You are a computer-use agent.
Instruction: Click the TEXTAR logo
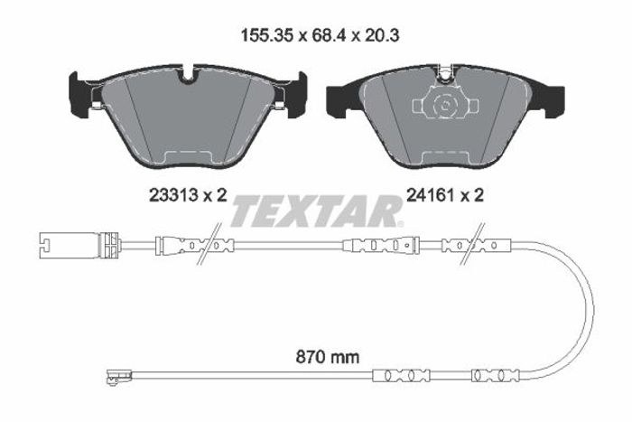tap(317, 211)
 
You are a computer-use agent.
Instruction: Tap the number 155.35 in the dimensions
tap(267, 35)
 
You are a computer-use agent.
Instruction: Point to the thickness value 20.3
tap(381, 35)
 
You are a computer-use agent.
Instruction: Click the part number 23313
tap(173, 196)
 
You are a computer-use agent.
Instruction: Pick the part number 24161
tap(432, 196)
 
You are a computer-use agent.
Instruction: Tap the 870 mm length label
tap(327, 357)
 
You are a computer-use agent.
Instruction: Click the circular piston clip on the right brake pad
tap(445, 105)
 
